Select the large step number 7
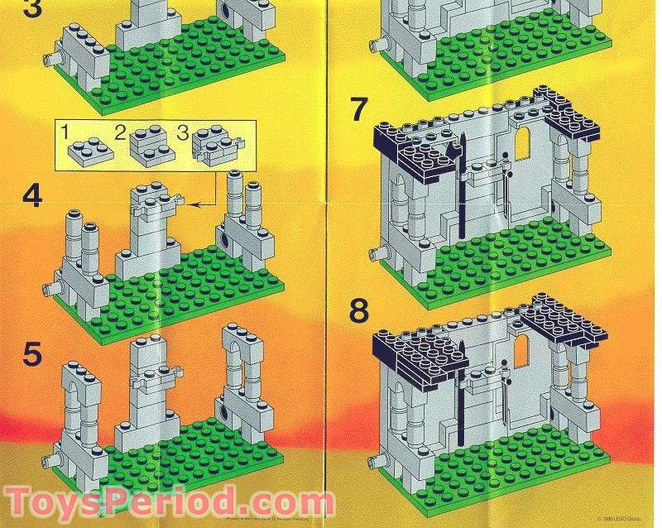[x=357, y=109]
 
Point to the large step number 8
[x=358, y=311]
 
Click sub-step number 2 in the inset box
[x=121, y=132]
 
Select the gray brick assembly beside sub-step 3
[x=217, y=148]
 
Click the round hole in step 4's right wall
[x=223, y=241]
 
